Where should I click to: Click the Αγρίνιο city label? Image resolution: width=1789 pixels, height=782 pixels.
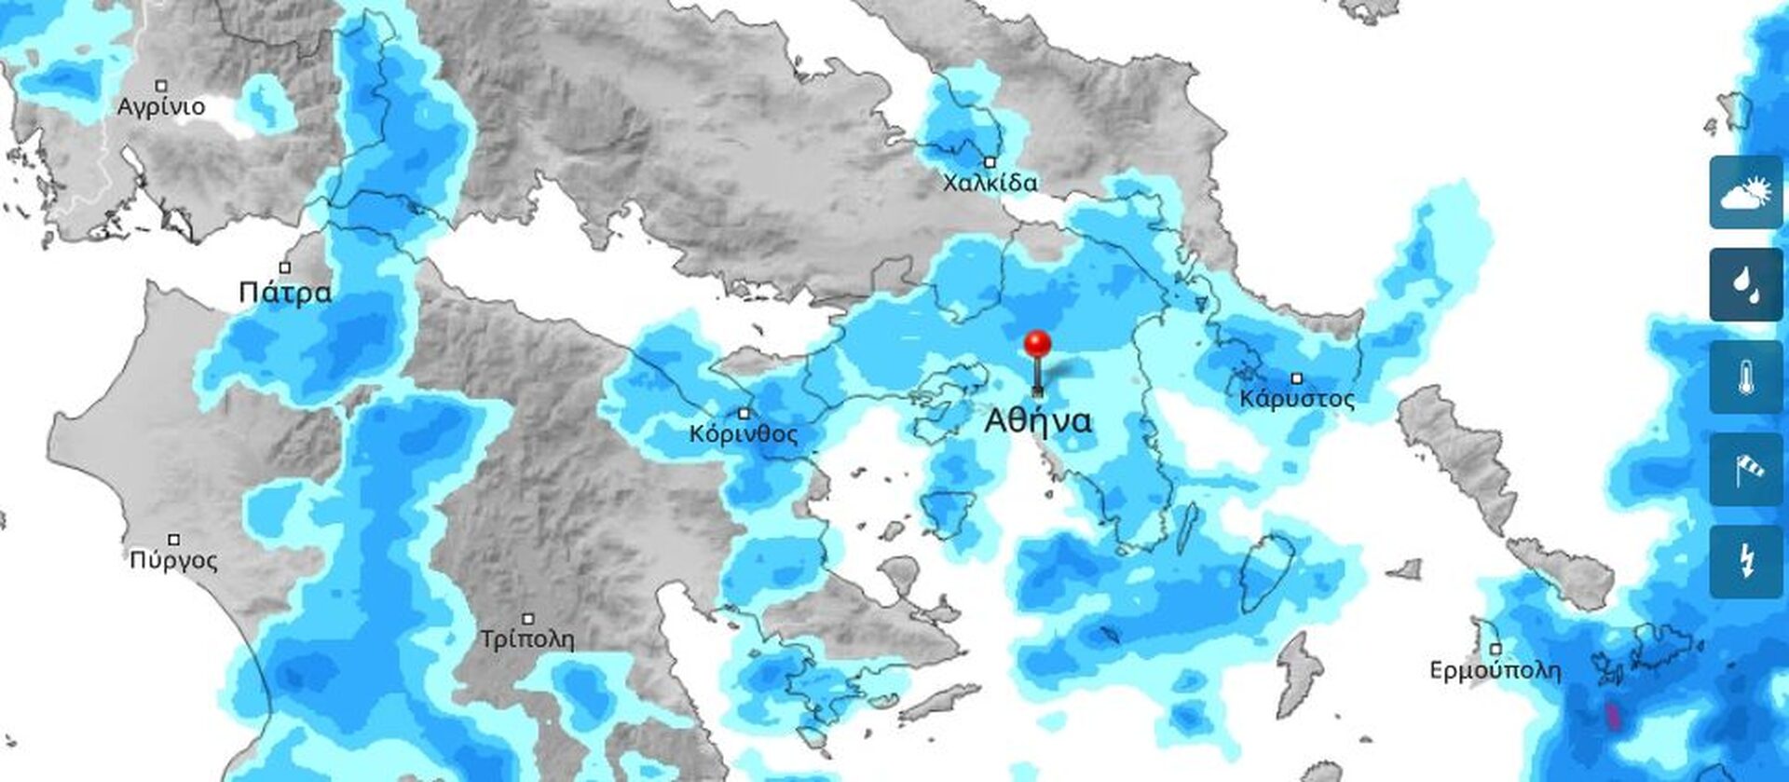point(160,107)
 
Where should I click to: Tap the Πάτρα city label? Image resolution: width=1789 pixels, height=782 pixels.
point(284,293)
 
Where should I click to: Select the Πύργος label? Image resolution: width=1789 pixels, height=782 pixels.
point(173,560)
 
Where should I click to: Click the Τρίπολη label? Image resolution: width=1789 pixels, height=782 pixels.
point(526,639)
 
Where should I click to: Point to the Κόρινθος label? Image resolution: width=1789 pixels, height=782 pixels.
point(744,434)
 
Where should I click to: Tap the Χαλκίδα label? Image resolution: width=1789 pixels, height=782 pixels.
point(990,183)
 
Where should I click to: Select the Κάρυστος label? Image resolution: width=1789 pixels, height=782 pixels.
point(1296,400)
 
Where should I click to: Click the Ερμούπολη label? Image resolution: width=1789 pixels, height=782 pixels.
point(1495,670)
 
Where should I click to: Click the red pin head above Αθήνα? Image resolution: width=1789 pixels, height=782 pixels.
point(1037,343)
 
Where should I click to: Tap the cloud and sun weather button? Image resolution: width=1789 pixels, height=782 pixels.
point(1745,193)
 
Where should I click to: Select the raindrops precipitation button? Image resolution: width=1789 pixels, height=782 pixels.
point(1745,284)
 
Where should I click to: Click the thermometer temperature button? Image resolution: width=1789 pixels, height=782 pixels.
point(1745,377)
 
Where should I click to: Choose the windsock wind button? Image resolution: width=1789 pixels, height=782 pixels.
point(1745,469)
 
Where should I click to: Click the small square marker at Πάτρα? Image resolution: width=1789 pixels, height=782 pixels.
point(286,268)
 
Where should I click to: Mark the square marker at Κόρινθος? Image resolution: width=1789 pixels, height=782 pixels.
point(744,413)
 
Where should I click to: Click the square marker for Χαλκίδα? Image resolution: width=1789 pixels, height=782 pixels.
point(990,162)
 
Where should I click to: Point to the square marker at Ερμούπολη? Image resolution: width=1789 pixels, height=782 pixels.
point(1495,649)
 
